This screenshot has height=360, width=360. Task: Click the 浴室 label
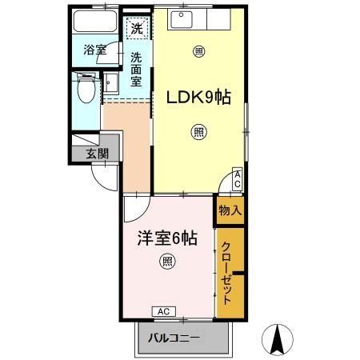tap(96, 50)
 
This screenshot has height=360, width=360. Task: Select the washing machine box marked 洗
tap(138, 28)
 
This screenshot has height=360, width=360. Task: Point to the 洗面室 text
tap(137, 69)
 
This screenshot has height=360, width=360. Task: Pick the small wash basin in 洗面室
tap(110, 83)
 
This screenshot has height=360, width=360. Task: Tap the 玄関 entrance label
tap(97, 154)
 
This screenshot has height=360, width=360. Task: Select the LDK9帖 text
tap(198, 98)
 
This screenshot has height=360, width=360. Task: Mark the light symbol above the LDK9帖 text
tap(198, 52)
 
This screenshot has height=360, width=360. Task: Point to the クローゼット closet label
tap(228, 272)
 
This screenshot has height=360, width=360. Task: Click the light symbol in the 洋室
tap(166, 260)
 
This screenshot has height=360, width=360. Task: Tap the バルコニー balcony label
tap(174, 338)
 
